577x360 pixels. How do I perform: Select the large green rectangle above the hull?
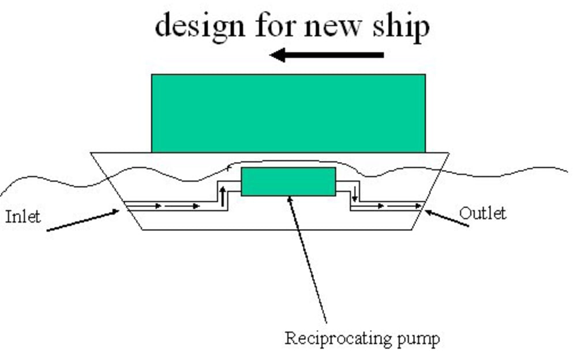click(x=288, y=113)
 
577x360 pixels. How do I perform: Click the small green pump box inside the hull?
click(x=288, y=181)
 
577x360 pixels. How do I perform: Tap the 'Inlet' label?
click(x=23, y=217)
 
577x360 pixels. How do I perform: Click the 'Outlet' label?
click(x=482, y=213)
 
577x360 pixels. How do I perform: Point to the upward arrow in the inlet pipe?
click(x=222, y=196)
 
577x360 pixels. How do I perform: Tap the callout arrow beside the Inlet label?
click(x=84, y=221)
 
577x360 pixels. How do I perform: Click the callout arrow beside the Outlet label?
click(x=447, y=219)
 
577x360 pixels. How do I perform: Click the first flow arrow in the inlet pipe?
click(x=144, y=205)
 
